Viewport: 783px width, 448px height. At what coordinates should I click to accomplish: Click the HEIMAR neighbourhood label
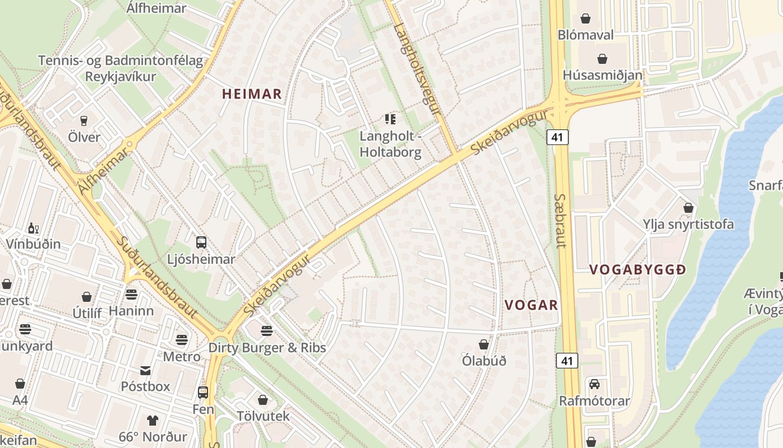252,94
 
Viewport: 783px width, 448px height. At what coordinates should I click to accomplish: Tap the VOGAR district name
531,305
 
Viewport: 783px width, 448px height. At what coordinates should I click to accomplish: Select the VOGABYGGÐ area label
638,270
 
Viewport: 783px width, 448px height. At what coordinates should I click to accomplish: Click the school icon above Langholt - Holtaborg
390,119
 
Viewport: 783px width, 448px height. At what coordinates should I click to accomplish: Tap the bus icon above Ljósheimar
201,242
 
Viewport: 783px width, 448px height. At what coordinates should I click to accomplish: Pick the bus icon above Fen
203,393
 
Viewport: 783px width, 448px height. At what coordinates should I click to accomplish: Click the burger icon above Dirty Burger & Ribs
267,330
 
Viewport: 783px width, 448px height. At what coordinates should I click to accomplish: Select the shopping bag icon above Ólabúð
484,344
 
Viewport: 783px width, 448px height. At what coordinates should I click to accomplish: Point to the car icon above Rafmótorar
594,384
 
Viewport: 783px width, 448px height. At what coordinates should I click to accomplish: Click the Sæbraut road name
560,221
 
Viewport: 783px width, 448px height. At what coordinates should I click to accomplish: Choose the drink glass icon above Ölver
84,120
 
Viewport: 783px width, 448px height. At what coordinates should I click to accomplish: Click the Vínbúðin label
34,244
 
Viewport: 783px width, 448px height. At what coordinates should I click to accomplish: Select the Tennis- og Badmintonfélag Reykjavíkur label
120,68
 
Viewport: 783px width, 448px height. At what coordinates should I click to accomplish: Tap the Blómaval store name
586,35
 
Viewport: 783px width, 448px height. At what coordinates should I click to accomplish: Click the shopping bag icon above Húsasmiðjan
602,58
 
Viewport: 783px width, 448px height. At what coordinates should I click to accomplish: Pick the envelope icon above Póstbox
145,370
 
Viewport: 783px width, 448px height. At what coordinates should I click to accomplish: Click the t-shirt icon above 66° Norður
152,420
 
